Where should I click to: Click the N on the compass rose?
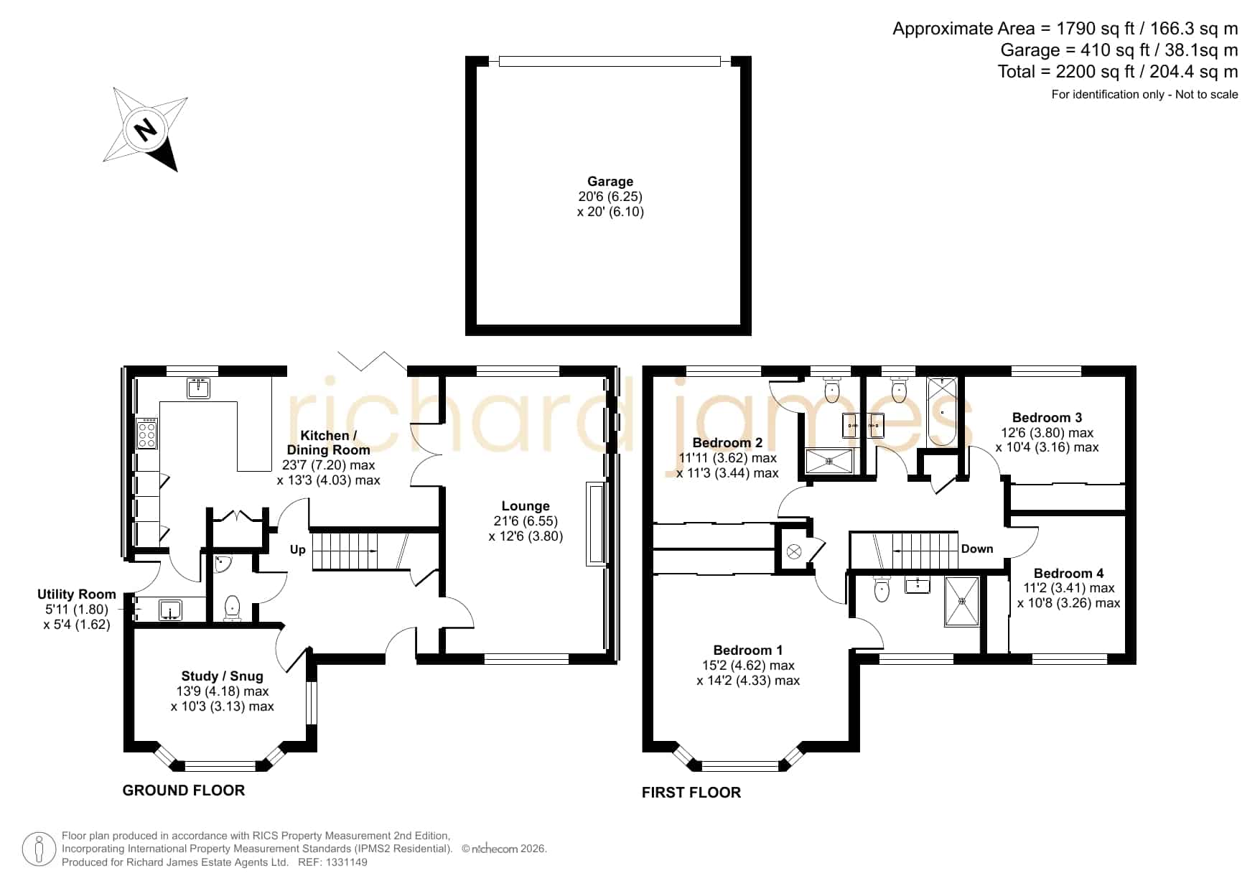146,130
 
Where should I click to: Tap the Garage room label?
610,182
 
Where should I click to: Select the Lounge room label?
526,506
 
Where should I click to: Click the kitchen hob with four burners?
147,434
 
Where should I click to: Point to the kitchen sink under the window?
198,388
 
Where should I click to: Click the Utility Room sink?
170,610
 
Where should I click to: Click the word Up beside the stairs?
298,549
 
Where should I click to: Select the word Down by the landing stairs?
977,549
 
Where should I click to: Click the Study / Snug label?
223,676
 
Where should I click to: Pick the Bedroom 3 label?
1047,418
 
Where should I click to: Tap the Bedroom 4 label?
1068,573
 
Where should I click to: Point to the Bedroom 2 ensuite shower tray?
829,461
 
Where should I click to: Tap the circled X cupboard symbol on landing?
794,551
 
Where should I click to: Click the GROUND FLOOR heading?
184,790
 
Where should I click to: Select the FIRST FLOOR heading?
691,793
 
